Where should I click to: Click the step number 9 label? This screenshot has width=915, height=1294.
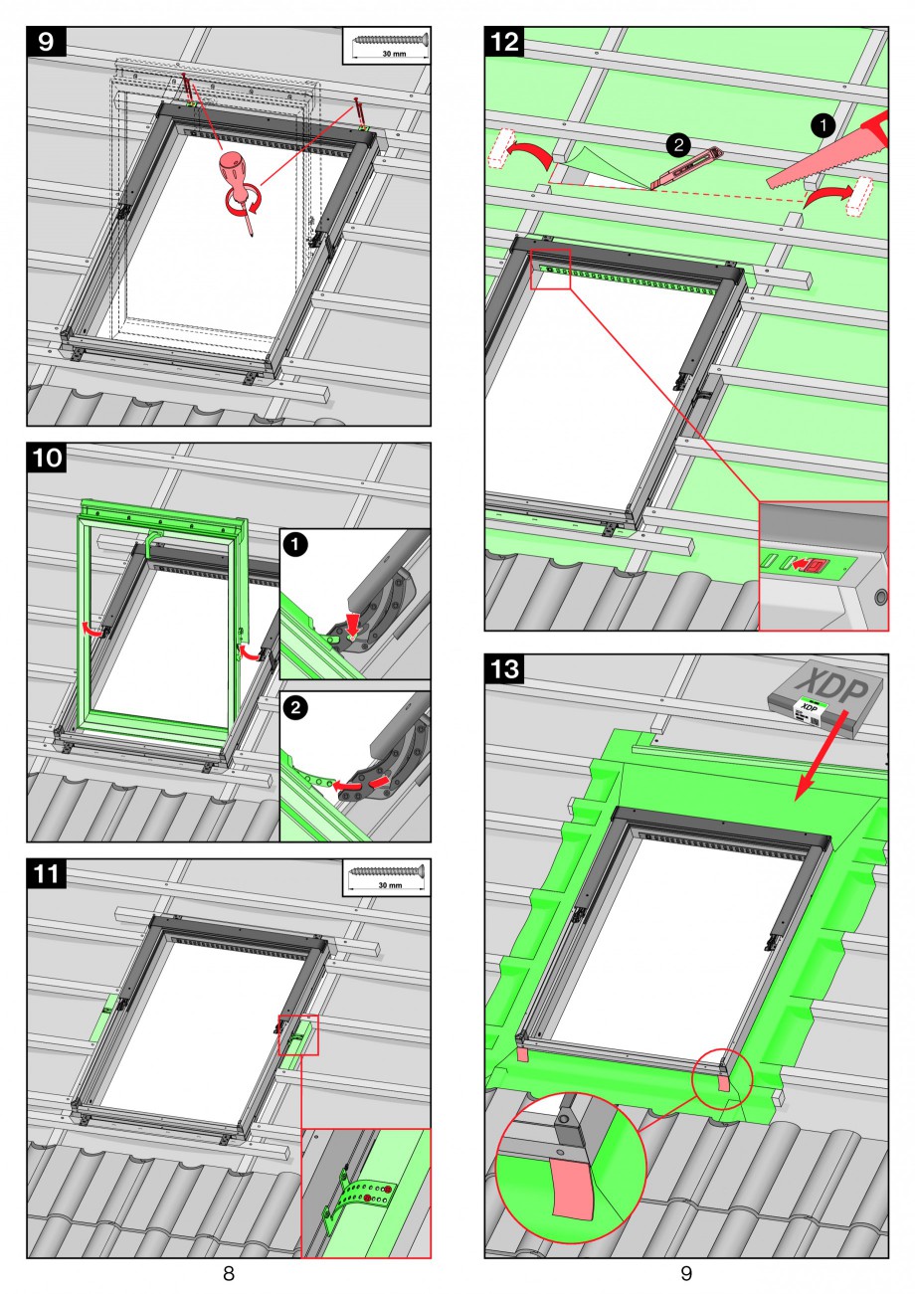46,42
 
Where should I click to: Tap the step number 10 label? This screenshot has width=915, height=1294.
46,459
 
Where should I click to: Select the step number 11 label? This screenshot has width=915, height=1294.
46,874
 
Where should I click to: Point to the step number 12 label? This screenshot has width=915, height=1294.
504,42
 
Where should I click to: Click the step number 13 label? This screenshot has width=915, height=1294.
504,669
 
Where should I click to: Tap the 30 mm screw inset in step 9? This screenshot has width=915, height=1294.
387,45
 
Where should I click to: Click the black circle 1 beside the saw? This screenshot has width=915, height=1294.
823,125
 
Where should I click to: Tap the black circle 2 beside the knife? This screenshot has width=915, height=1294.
678,145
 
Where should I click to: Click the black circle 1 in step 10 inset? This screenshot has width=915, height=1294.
295,545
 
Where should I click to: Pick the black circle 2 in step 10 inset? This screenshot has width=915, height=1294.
295,707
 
